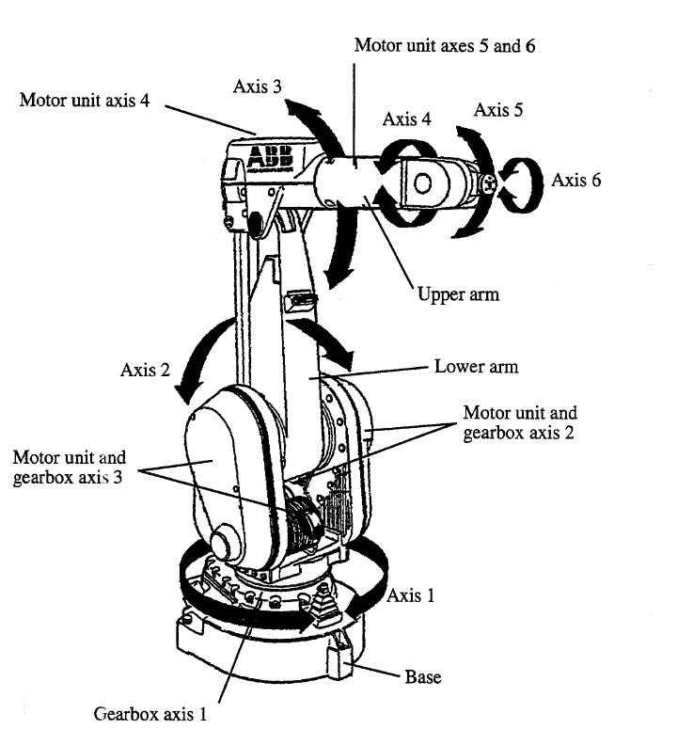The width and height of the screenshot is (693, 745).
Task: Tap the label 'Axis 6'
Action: coord(575,180)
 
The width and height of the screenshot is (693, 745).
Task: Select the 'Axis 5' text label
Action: coord(498,110)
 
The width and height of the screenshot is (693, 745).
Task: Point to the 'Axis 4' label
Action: coord(407,119)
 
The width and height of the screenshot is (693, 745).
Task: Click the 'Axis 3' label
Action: coord(257,87)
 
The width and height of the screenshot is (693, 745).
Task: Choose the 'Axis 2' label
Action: coord(145,370)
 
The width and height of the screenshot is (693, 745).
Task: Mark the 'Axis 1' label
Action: coord(410,595)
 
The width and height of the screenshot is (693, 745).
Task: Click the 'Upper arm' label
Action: coord(458,293)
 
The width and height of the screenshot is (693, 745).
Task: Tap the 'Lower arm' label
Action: coord(476,366)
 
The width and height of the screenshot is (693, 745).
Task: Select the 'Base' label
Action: coord(422,676)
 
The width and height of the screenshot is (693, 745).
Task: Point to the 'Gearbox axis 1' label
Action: coord(150,713)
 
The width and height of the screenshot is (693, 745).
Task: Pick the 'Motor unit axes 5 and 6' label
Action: coord(445,44)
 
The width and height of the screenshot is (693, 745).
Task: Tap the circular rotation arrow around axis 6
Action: coord(523,180)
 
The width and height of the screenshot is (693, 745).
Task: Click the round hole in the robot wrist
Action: coord(424,182)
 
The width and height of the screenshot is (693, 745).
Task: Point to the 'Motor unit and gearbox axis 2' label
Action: coord(521,423)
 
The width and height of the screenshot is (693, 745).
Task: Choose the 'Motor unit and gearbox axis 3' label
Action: coord(70,467)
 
